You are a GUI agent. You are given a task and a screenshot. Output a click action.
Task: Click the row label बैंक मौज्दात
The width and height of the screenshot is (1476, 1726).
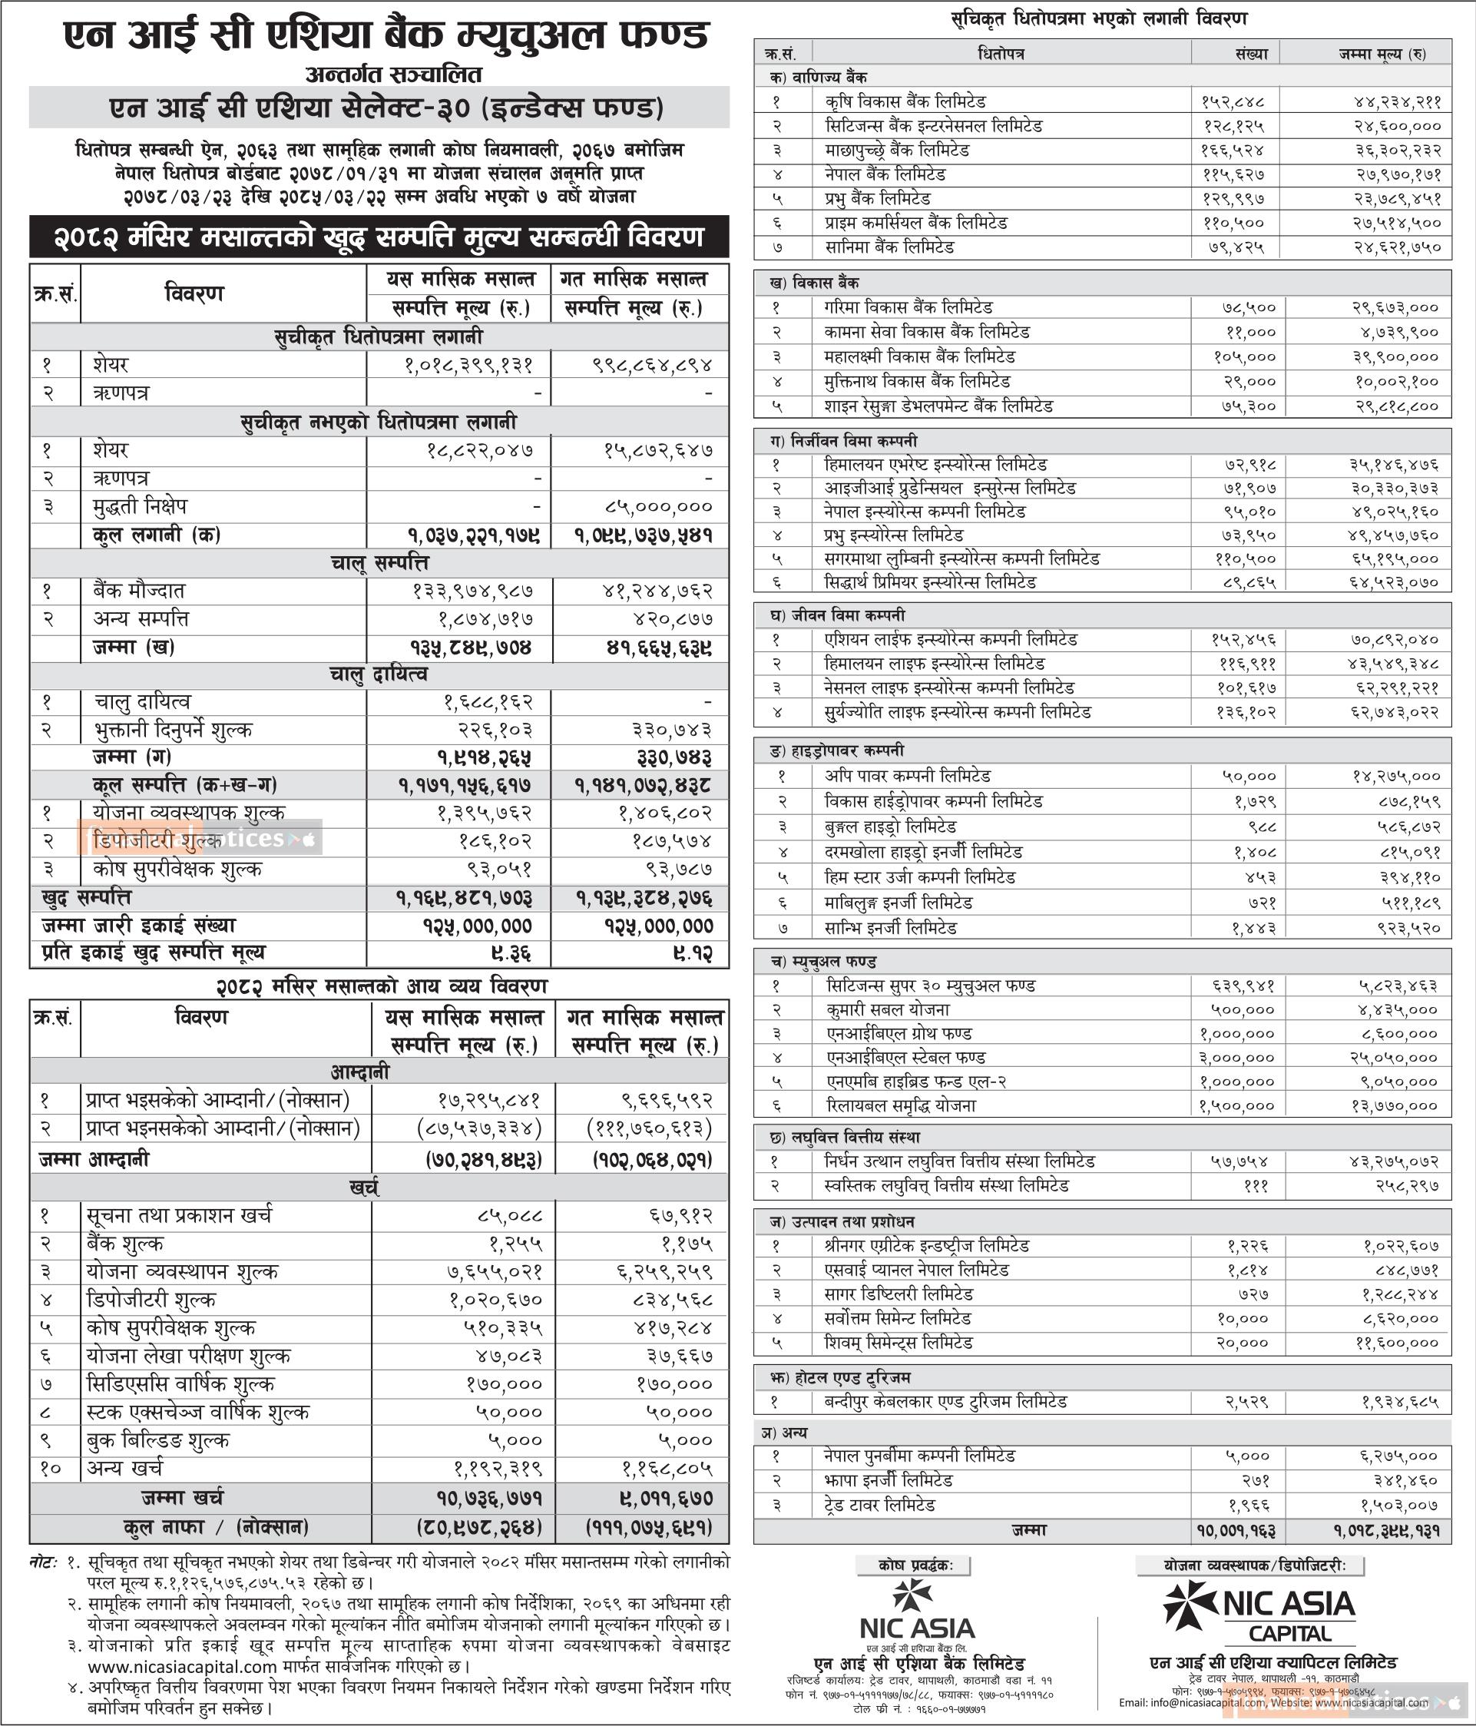[x=139, y=591]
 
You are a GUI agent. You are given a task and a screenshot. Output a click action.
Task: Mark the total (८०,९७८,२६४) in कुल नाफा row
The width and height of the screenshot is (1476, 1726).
[x=481, y=1528]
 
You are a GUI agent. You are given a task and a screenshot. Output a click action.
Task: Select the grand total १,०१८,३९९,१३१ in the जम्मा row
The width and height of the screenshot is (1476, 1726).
[x=1386, y=1531]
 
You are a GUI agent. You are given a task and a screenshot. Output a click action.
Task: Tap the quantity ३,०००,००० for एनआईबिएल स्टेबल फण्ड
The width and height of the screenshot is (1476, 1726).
[x=1237, y=1058]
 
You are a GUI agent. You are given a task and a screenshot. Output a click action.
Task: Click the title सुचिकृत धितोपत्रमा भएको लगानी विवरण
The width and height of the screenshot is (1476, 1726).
[x=1100, y=18]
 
